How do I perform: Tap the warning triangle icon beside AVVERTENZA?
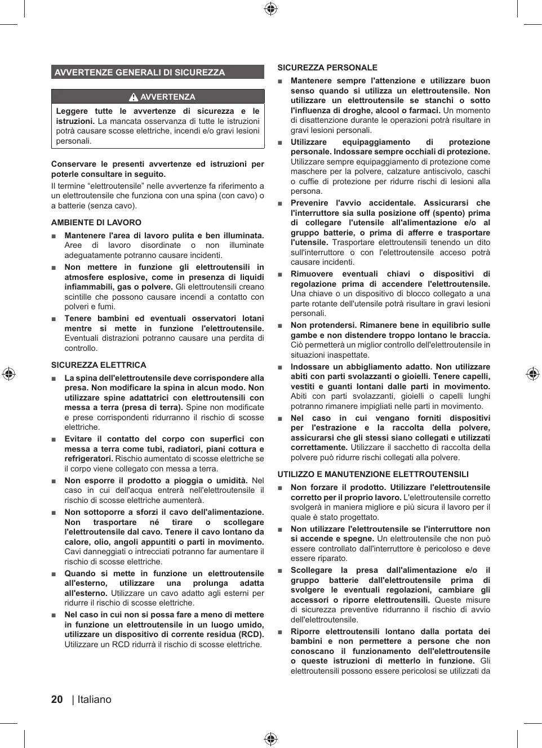134,97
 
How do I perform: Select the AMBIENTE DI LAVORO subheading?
96,222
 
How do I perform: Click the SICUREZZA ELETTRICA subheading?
99,365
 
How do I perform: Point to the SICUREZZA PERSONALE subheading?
327,68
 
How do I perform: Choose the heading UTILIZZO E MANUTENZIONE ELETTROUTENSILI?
373,474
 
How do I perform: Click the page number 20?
57,700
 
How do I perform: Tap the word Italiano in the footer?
95,700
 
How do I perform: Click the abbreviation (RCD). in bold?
250,634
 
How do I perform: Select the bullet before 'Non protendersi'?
280,326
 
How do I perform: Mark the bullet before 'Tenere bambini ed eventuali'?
54,319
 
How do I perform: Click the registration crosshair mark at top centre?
271,8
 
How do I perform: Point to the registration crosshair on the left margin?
8,374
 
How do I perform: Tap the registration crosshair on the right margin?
533,374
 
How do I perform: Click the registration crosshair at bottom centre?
271,739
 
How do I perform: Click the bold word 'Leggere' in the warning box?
72,112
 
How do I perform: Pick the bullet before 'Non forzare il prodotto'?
280,488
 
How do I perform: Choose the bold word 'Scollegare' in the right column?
312,571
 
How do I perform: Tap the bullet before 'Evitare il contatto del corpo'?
54,439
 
